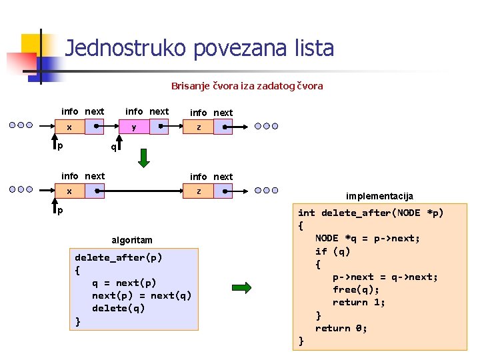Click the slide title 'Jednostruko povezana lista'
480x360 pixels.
coord(199,48)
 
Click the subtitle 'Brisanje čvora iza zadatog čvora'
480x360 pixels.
coord(247,86)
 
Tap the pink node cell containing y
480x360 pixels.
coord(134,126)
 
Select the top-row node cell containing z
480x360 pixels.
coord(198,127)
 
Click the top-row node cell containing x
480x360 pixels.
coord(69,126)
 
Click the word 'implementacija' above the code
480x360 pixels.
coord(379,196)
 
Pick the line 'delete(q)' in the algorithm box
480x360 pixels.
coord(118,308)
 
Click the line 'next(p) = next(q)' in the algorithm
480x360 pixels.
coord(141,295)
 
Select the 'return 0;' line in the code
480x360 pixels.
coord(341,328)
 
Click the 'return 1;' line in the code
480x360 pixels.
coord(359,302)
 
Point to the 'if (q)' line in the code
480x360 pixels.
coord(333,251)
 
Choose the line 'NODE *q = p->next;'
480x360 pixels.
coord(368,238)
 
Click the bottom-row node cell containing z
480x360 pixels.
coord(198,191)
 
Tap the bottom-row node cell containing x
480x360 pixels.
coord(69,191)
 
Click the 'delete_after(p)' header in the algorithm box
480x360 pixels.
coord(119,257)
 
